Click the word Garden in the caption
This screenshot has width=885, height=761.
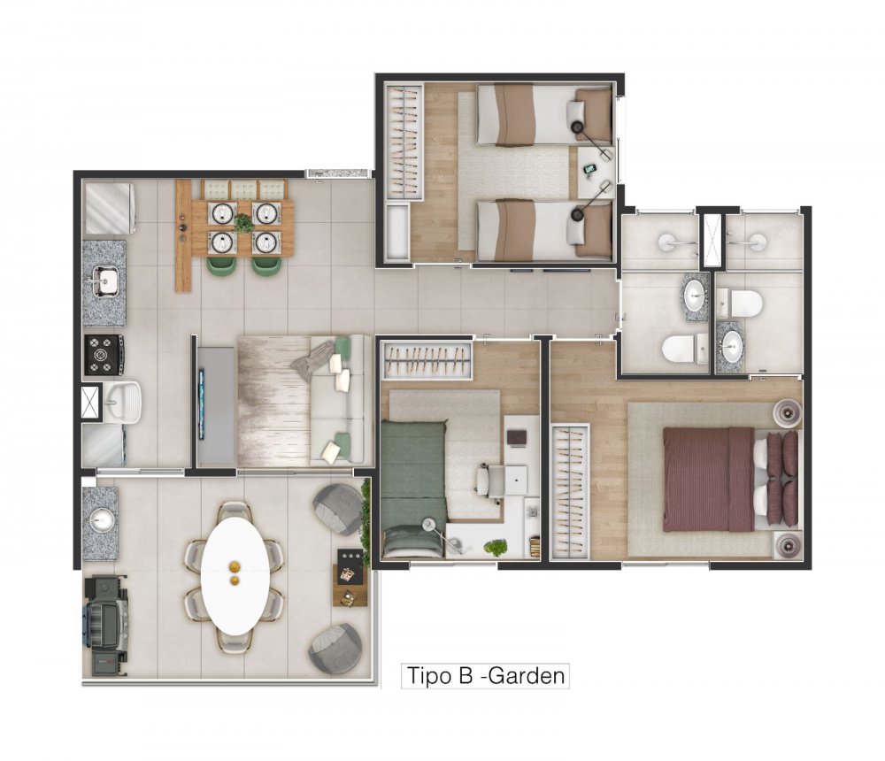click(x=526, y=676)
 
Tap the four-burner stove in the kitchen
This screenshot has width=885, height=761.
click(x=104, y=355)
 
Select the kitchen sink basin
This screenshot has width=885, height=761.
click(x=105, y=281)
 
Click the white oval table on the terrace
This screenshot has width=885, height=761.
click(x=235, y=576)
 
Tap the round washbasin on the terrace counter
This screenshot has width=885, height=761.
click(x=102, y=520)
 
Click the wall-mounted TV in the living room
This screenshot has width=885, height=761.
click(x=201, y=404)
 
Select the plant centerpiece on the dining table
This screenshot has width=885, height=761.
click(x=244, y=224)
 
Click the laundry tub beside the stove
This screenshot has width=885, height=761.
click(x=121, y=402)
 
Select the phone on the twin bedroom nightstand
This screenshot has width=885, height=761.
click(x=590, y=168)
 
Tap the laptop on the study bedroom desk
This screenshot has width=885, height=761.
click(x=517, y=437)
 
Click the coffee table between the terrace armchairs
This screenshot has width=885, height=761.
click(x=350, y=576)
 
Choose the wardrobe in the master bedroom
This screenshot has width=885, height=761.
click(x=570, y=491)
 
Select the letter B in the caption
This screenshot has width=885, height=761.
click(x=466, y=676)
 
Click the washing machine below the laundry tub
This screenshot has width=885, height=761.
click(x=104, y=445)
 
